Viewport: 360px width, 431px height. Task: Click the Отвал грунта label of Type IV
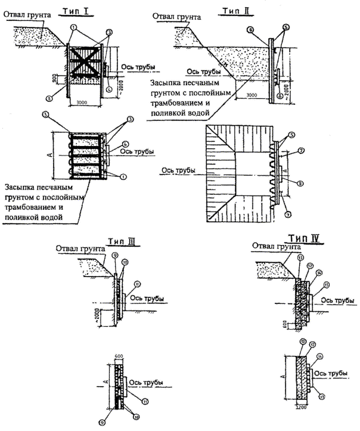point(272,244)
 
